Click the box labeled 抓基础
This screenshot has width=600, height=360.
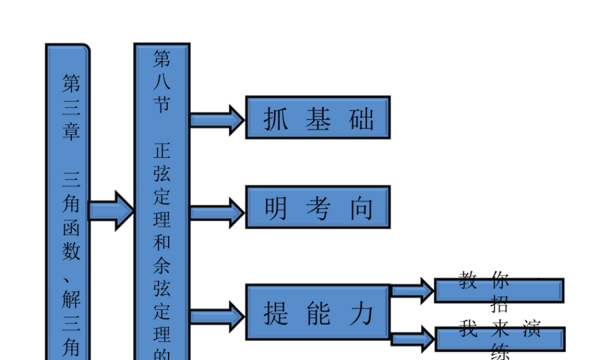318,118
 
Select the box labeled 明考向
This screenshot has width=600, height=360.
318,207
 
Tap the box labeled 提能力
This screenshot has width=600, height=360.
318,312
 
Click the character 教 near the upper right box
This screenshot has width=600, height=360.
468,280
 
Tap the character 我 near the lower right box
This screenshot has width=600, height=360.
468,328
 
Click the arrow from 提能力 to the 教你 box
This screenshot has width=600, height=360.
413,290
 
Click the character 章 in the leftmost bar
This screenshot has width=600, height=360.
71,131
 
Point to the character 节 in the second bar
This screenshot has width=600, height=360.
161,104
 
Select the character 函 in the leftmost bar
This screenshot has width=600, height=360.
71,228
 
